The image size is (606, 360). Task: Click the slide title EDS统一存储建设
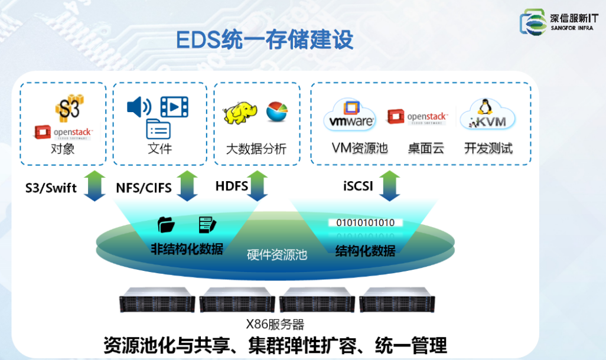coord(265,40)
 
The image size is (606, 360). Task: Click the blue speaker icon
coord(139,107)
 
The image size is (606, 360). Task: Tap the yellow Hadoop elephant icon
coord(240,113)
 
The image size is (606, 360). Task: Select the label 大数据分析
coord(256,149)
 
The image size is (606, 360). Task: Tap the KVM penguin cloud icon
coord(487,114)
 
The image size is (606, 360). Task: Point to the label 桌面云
coord(425,148)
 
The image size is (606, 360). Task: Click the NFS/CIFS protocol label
coord(144,188)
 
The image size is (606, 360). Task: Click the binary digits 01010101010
coord(365,222)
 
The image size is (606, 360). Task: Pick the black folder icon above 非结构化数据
coord(166,225)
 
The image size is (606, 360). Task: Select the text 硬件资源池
coord(276,256)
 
